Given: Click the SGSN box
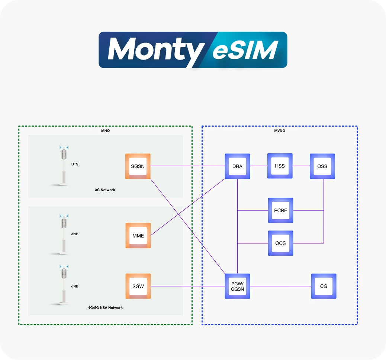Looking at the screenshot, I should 138,166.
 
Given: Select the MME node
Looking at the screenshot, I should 138,235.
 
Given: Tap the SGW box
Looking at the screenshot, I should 138,286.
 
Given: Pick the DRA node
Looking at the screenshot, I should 237,166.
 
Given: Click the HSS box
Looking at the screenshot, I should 280,166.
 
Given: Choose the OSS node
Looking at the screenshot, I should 322,166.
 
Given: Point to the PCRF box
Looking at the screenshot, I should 280,210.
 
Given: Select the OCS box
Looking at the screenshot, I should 280,243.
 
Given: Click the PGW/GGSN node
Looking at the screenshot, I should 237,286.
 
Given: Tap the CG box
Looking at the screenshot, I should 324,286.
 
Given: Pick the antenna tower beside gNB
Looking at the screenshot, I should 64,284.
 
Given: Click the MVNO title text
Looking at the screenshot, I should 279,131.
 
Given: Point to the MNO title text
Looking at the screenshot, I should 105,131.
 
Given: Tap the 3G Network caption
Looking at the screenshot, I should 105,190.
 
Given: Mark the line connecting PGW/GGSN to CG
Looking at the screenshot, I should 280,286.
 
